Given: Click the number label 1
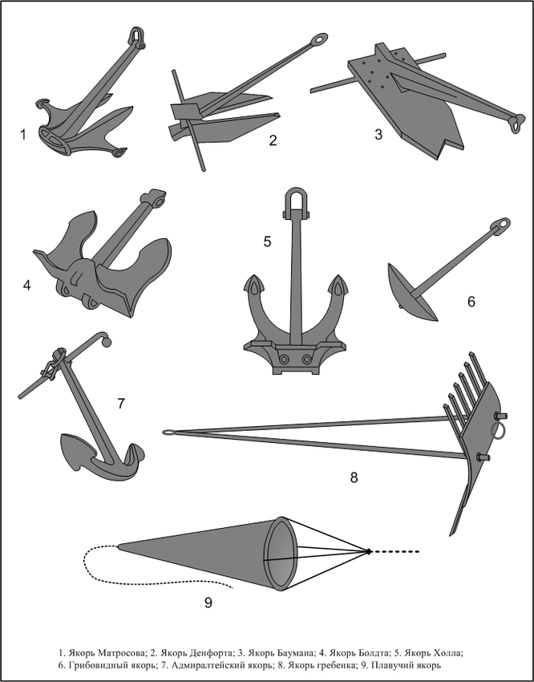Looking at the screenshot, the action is point(23,135).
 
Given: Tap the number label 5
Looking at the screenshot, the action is point(267,241).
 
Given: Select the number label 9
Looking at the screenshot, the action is point(208,603).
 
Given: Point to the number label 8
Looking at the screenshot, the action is point(354,477).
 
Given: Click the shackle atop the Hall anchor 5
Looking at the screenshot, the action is point(296,201).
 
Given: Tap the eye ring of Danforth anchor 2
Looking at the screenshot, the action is point(319,39).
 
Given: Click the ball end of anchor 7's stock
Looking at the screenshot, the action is point(107,343).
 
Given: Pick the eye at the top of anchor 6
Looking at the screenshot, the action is point(502,225).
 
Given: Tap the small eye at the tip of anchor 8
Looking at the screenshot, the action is point(168,432).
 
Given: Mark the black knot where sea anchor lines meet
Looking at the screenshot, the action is point(368,551).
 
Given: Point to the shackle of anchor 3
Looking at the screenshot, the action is point(516,123).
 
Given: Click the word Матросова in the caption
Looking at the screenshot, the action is point(121,653).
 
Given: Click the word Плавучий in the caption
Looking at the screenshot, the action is point(394,665).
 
